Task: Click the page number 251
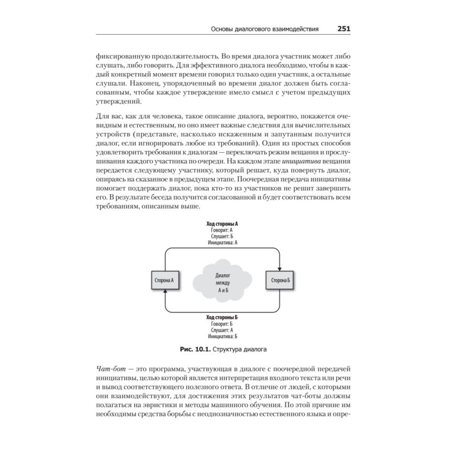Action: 344,28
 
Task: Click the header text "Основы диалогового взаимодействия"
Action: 265,29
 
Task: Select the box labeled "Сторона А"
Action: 165,280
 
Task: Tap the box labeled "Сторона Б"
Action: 278,280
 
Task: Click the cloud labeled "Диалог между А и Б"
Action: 222,282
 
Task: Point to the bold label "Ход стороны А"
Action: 223,225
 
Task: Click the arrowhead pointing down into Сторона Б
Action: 279,267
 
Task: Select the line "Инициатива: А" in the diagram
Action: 223,243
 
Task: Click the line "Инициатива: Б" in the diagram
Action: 223,336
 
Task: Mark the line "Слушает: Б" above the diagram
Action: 223,237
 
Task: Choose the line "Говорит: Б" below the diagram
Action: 223,323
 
